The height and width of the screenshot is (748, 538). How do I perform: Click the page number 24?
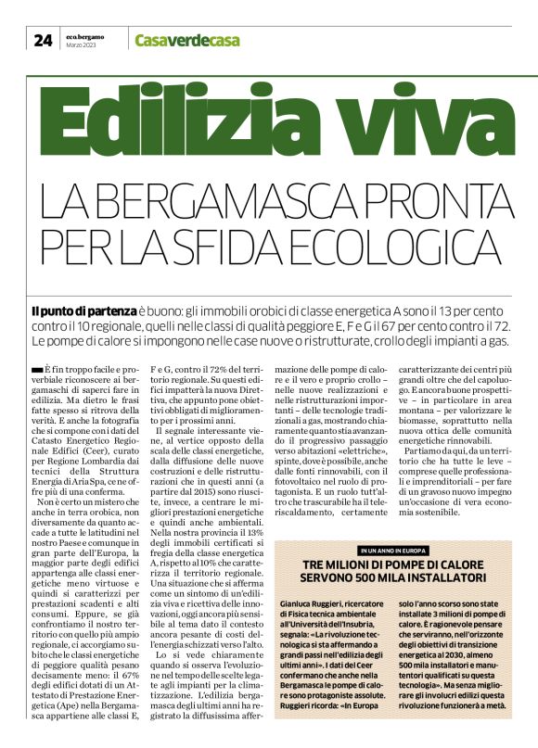pyautogui.click(x=43, y=39)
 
